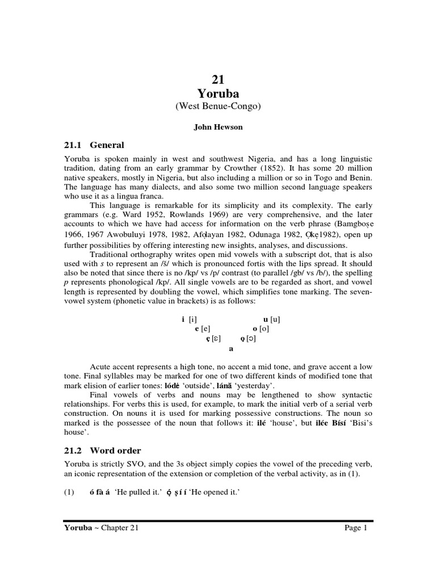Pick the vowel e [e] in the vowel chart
tap(203, 329)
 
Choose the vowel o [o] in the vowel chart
tap(261, 329)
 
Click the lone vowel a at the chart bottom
tap(230, 349)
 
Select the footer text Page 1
tap(356, 528)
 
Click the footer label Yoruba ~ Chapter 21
tap(99, 528)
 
